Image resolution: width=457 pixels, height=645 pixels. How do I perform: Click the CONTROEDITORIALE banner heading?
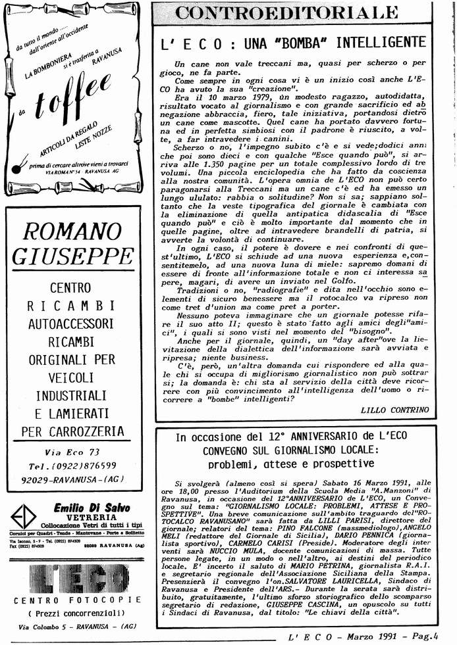(x=297, y=12)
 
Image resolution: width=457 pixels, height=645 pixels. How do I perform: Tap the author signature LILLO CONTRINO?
(x=394, y=410)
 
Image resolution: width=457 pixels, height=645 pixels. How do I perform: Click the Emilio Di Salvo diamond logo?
(x=26, y=516)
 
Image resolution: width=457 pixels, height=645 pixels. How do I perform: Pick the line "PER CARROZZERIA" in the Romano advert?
(x=72, y=431)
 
